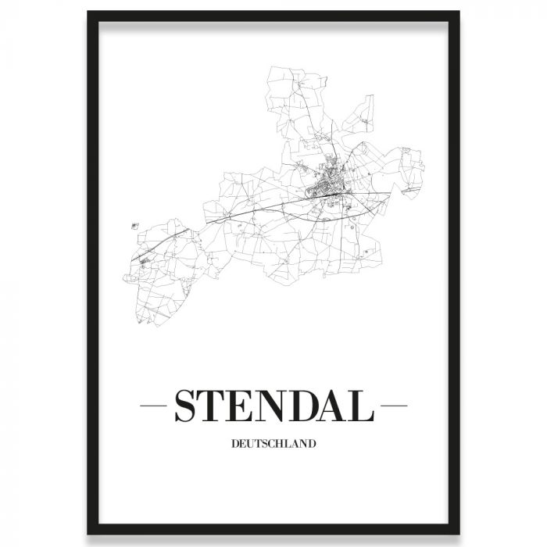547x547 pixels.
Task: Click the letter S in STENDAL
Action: [x=187, y=407]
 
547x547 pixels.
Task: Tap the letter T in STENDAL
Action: [x=218, y=407]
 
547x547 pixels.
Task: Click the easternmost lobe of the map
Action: [x=409, y=168]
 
